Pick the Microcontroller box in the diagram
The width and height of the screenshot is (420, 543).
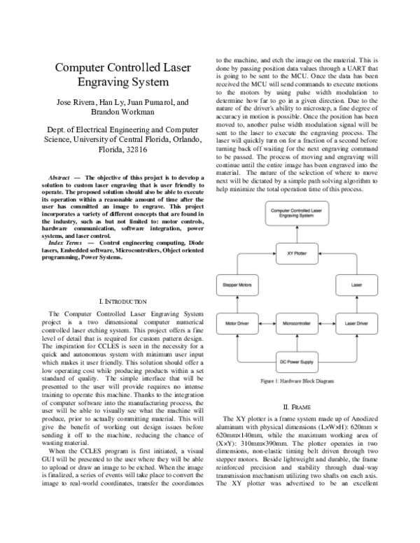pyautogui.click(x=301, y=325)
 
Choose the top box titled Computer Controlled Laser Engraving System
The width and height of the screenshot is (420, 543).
pyautogui.click(x=301, y=212)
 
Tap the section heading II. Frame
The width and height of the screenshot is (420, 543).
pyautogui.click(x=301, y=407)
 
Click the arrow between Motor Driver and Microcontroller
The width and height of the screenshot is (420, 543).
pyautogui.click(x=267, y=325)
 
